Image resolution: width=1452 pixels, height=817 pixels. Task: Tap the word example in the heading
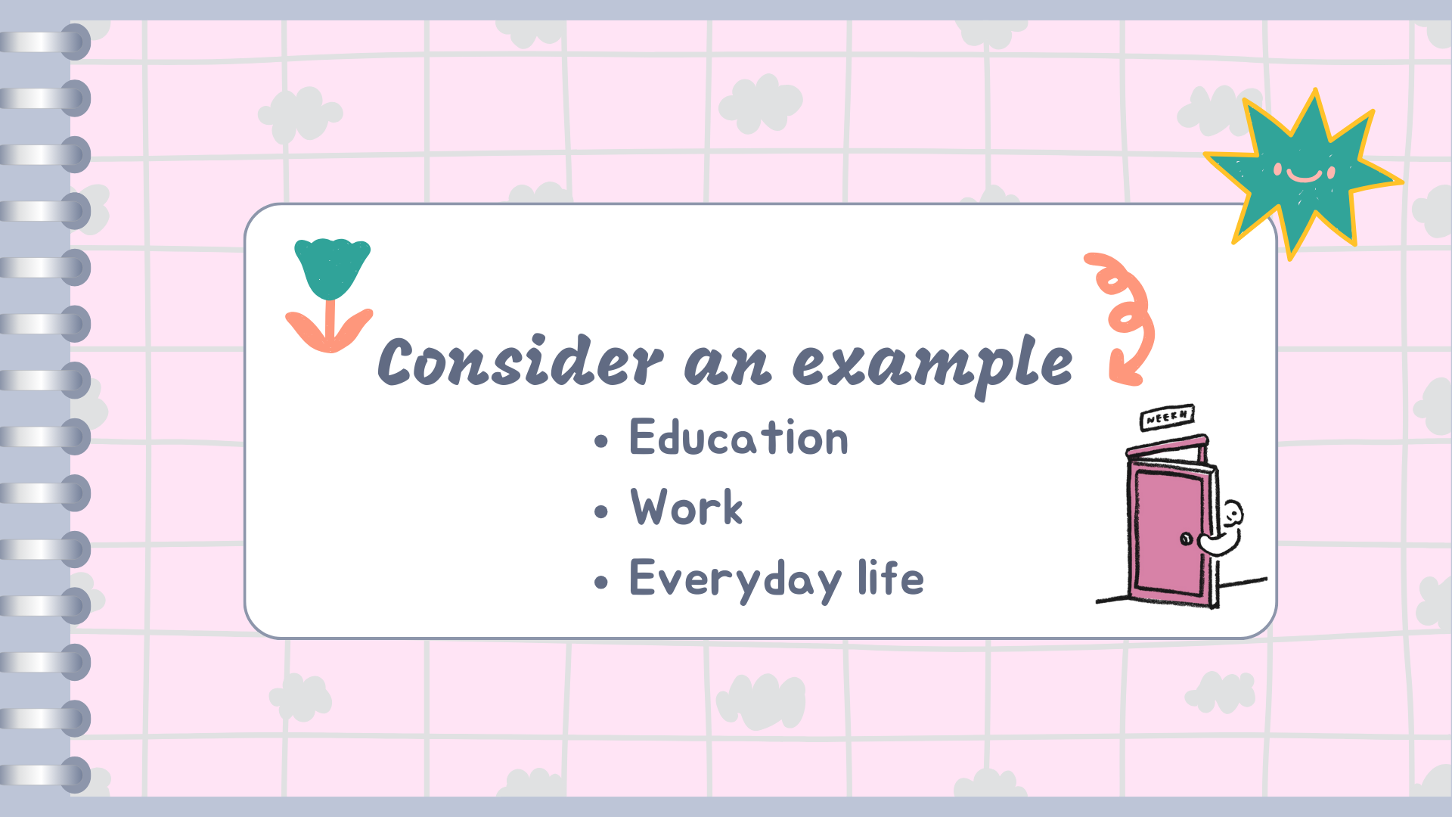pyautogui.click(x=932, y=366)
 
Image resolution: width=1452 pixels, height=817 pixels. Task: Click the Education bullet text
pyautogui.click(x=739, y=437)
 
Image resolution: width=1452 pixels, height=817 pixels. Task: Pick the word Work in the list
pyautogui.click(x=687, y=507)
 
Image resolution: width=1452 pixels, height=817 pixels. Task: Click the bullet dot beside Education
pyautogui.click(x=601, y=442)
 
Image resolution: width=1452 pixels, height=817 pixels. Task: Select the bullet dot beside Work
pyautogui.click(x=601, y=512)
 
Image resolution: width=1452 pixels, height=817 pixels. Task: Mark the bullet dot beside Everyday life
pyautogui.click(x=601, y=582)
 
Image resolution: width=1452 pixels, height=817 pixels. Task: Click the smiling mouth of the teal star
pyautogui.click(x=1304, y=176)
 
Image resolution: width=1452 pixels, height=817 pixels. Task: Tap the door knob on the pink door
pyautogui.click(x=1187, y=539)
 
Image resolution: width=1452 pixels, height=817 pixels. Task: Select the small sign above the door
pyautogui.click(x=1167, y=417)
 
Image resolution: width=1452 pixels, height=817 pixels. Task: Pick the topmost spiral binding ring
pyautogui.click(x=45, y=42)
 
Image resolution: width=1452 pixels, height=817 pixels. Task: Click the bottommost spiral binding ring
pyautogui.click(x=45, y=775)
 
